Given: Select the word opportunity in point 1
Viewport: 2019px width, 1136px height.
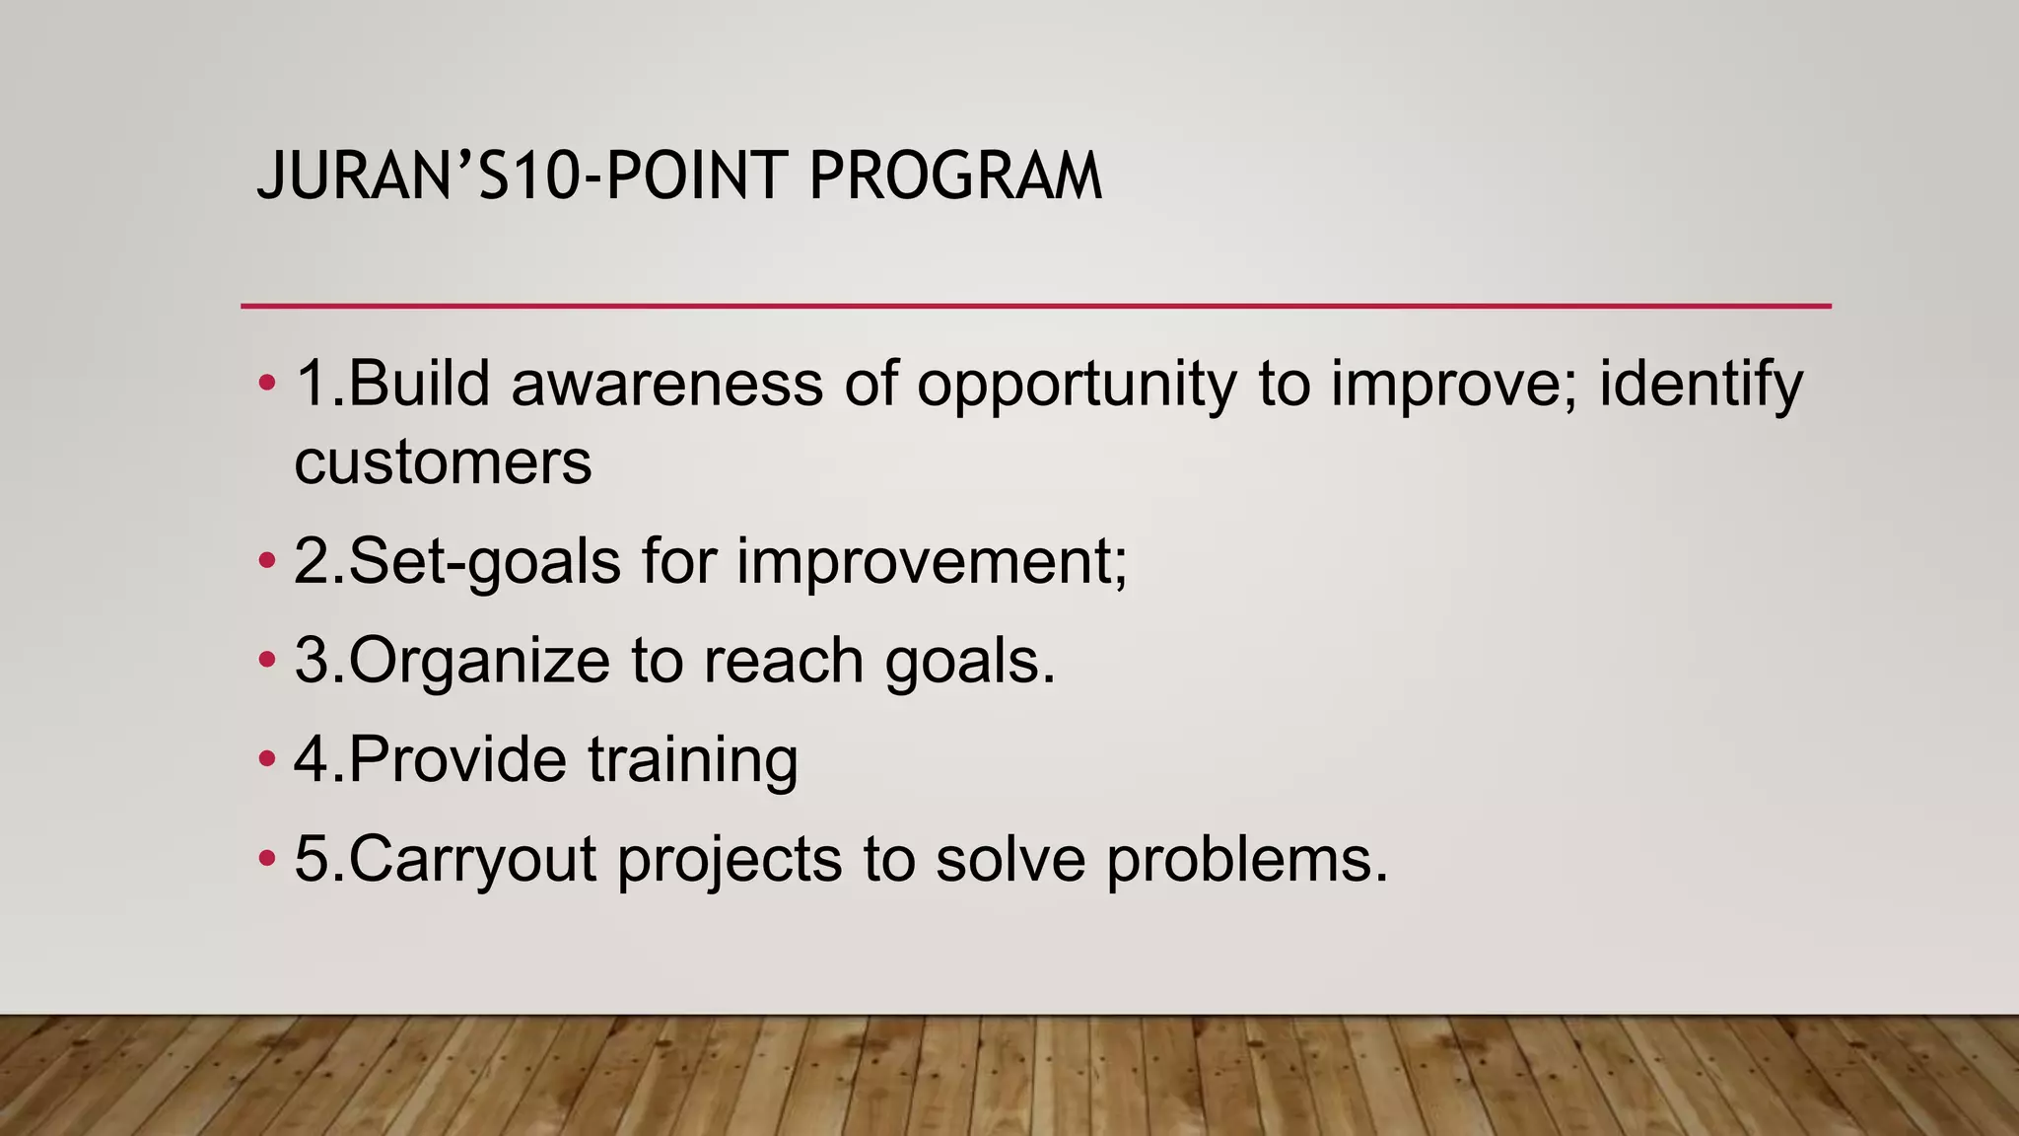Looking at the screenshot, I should point(1077,385).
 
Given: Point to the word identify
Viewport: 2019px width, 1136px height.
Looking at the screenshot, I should point(1701,385).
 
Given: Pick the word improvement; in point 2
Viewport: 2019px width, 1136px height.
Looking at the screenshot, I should point(932,562).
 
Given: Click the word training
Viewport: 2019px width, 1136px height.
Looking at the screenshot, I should point(693,759).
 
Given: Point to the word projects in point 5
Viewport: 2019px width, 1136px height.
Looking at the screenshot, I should point(730,859).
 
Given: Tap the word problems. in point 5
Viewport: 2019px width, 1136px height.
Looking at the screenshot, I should point(1247,859).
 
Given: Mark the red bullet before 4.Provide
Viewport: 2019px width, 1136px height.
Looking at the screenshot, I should point(266,759).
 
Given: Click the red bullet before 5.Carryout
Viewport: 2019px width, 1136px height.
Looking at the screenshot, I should point(266,859).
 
